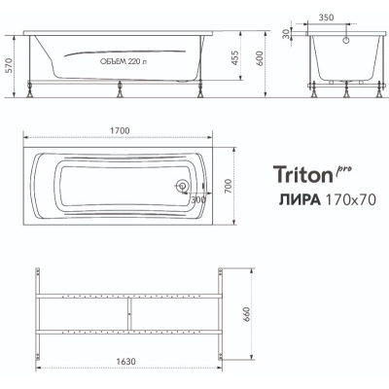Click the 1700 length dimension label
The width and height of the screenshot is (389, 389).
click(120, 130)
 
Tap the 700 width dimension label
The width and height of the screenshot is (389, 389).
click(229, 186)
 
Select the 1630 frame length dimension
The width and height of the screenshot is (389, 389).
click(125, 361)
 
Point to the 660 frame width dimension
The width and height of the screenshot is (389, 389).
click(246, 314)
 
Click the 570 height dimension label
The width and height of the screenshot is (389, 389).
click(9, 66)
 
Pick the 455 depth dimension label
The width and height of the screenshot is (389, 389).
click(234, 57)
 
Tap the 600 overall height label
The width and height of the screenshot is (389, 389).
click(260, 59)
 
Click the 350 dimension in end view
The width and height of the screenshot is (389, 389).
click(326, 18)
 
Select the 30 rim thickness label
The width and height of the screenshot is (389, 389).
click(286, 34)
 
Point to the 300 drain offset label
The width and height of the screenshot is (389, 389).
click(198, 199)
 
